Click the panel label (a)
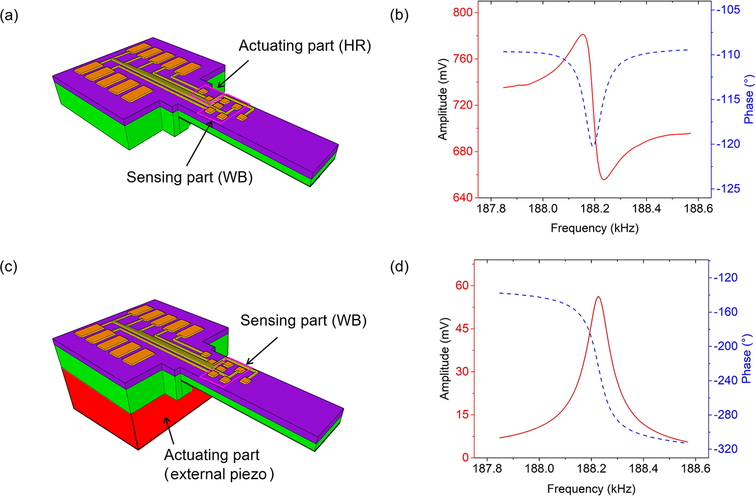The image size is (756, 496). point(9,15)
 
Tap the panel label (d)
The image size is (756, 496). point(399,267)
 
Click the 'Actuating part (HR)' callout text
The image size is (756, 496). point(304,46)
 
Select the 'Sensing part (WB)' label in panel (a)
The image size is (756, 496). point(189,177)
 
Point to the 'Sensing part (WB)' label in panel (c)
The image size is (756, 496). point(303,320)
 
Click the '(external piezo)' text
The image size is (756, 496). point(219,474)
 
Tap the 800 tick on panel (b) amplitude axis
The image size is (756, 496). point(462,13)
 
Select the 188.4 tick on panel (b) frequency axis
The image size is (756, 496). point(646,209)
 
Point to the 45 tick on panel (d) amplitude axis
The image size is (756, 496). point(462,329)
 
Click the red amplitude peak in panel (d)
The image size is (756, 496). point(598,297)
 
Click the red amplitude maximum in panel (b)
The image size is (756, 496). point(582,35)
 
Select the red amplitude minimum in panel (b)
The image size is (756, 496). point(603,180)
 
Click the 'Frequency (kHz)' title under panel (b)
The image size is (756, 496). point(594,228)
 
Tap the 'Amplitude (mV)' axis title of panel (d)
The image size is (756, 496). point(444,358)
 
